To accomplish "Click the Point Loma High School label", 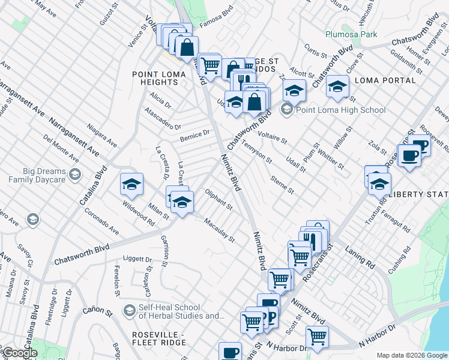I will pos(341,110).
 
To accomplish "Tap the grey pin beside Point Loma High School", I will pos(287,110).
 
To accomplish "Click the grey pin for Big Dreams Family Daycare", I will pos(74,175).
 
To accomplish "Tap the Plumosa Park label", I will pos(351,34).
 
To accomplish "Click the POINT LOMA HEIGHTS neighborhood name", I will pos(155,78).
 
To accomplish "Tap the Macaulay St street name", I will pos(219,230).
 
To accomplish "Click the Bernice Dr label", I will pos(195,136).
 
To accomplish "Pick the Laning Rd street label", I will pos(360,259).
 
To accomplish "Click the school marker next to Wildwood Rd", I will pos(132,185).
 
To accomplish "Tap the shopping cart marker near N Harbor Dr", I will pos(316,337).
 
